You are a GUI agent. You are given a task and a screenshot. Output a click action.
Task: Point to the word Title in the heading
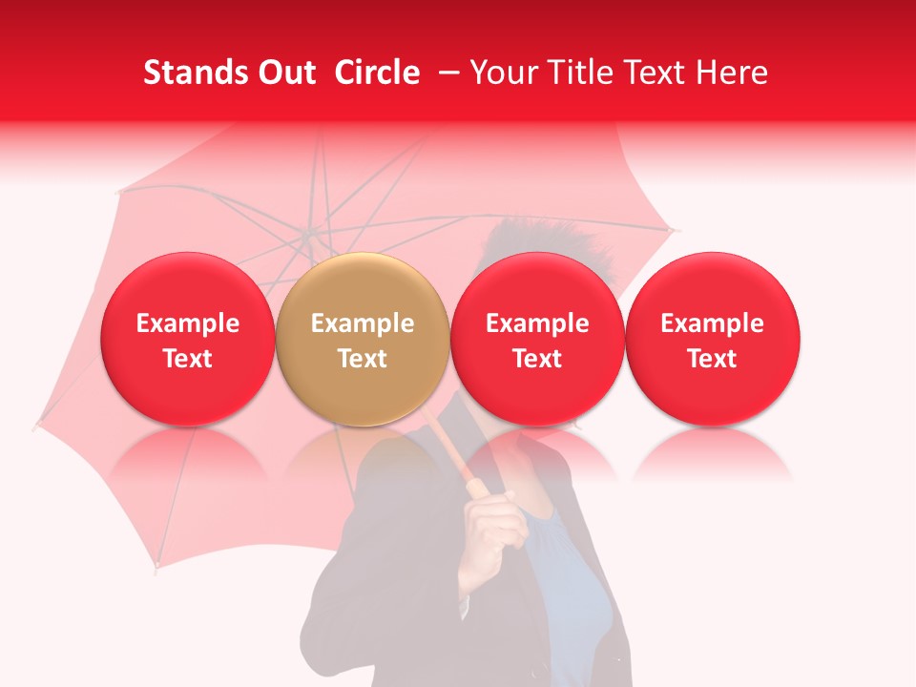pos(577,73)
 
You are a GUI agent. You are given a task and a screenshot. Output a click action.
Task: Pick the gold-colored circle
pos(363,339)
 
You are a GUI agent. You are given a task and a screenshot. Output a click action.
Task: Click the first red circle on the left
pos(187,339)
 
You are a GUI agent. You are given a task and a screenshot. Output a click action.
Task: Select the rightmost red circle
pos(712,339)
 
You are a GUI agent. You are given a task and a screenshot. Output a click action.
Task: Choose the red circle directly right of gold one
pos(537,339)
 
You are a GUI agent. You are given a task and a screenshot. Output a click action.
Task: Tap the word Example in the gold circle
pos(363,323)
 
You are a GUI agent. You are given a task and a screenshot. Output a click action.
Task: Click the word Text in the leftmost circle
pos(187,359)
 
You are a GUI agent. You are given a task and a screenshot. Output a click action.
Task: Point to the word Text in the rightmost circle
pos(712,359)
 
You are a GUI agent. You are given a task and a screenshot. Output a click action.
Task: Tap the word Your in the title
pos(504,73)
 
